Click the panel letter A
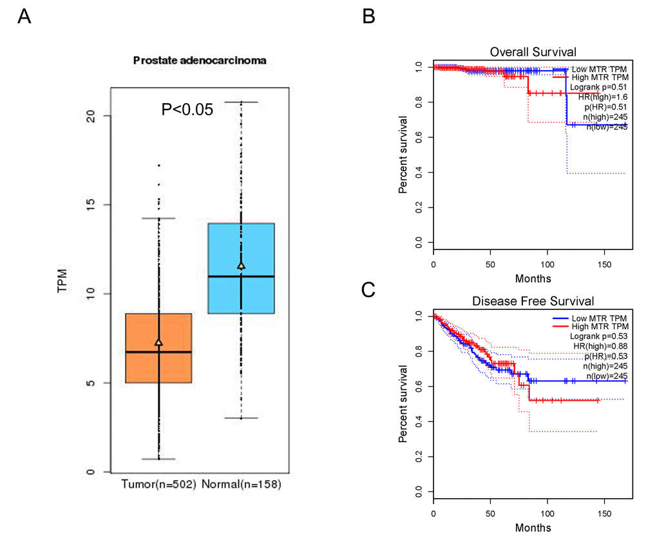24,17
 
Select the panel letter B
368,17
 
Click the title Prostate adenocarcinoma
191,61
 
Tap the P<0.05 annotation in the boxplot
187,110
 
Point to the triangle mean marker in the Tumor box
158,342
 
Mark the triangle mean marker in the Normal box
241,265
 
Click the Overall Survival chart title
533,52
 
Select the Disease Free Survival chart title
533,300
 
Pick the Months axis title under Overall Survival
533,279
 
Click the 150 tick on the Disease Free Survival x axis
604,515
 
